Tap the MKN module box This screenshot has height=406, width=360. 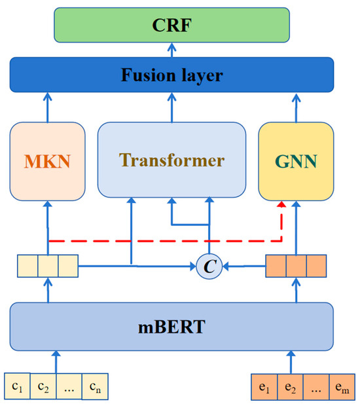click(48, 160)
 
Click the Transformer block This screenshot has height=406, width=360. click(171, 160)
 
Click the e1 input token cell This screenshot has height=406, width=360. click(265, 384)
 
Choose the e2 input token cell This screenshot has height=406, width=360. click(291, 384)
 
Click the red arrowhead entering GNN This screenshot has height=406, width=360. click(281, 206)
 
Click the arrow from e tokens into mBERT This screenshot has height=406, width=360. click(290, 360)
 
